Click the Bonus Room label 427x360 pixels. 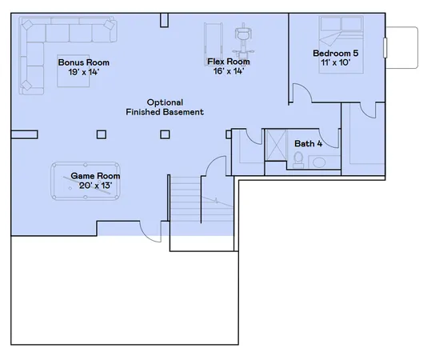click(83, 62)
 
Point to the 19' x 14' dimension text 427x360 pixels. click(83, 72)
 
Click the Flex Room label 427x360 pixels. click(228, 62)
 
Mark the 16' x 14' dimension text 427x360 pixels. click(228, 71)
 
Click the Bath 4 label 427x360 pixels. click(308, 144)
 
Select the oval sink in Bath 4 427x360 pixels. click(319, 162)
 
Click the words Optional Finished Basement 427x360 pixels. click(166, 107)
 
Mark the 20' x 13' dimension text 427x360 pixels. click(96, 185)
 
